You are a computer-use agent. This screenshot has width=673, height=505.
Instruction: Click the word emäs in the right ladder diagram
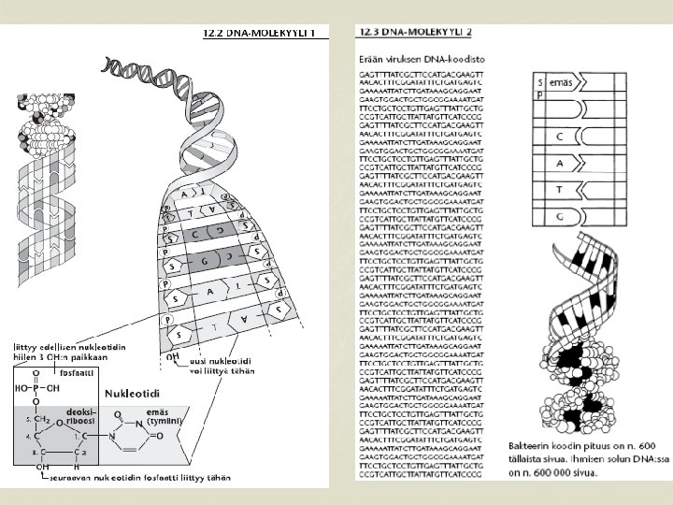[561, 83]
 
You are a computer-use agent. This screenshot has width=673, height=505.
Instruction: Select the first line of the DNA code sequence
[421, 73]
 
